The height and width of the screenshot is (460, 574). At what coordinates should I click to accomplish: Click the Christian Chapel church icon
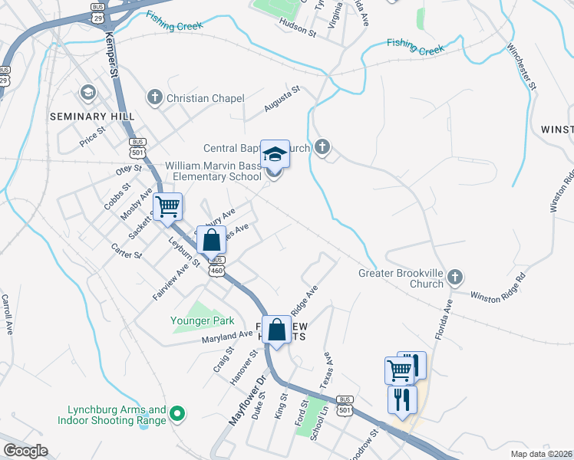(x=155, y=97)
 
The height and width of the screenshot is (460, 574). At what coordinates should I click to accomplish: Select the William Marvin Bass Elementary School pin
(x=275, y=154)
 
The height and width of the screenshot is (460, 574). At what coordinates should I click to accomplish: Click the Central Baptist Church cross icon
(x=322, y=146)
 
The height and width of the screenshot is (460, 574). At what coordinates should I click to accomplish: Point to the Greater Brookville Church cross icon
(x=455, y=276)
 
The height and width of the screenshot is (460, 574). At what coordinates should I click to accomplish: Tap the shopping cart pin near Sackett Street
(x=167, y=206)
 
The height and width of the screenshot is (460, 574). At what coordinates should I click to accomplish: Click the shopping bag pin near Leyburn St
(x=211, y=240)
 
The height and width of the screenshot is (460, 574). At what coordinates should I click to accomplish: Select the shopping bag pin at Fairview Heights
(x=277, y=330)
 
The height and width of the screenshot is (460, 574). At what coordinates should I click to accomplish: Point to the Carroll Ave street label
(x=7, y=314)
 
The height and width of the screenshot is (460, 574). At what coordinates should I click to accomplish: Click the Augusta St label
(x=281, y=100)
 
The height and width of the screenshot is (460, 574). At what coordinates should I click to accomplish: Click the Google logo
(x=25, y=451)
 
